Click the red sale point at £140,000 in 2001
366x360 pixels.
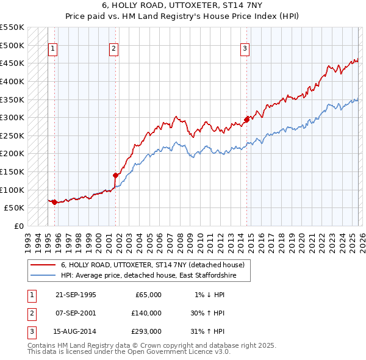pos(115,175)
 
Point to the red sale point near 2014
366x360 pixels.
pos(246,120)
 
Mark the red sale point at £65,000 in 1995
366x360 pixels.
pos(54,202)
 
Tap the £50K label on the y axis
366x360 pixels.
pos(15,207)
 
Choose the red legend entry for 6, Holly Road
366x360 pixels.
pos(152,265)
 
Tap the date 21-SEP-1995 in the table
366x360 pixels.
pos(76,295)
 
